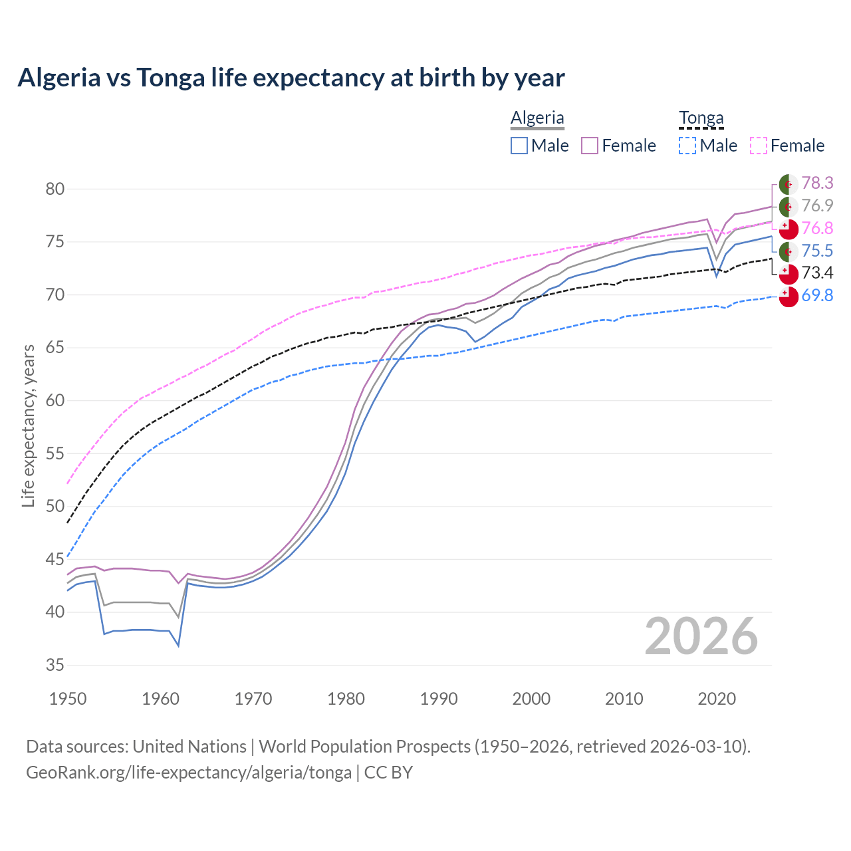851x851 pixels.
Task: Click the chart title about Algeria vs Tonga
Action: tap(291, 78)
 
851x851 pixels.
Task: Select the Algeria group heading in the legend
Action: tap(537, 118)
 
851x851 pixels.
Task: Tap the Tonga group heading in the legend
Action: tap(701, 118)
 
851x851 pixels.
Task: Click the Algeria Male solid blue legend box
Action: tap(519, 146)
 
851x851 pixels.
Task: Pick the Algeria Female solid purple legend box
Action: tap(590, 146)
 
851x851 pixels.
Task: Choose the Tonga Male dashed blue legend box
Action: tap(687, 146)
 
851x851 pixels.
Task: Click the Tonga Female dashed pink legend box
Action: tap(759, 146)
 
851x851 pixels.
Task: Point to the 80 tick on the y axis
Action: tap(55, 189)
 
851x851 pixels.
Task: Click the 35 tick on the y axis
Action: tap(55, 665)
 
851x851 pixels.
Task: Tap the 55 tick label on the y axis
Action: tap(55, 454)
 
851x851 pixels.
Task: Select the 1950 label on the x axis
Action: tap(68, 699)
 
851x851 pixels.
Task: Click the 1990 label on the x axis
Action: tap(439, 699)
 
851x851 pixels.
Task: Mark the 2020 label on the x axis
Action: tap(717, 699)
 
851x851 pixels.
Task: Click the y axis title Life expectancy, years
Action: tap(28, 425)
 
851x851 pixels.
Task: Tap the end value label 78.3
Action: tap(817, 183)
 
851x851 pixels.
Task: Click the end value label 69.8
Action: tap(817, 296)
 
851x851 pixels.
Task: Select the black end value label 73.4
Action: tap(817, 273)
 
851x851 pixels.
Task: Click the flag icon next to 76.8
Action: tap(789, 229)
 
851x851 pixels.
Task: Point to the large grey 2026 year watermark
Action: tap(701, 637)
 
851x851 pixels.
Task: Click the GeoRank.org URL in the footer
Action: tap(189, 773)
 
